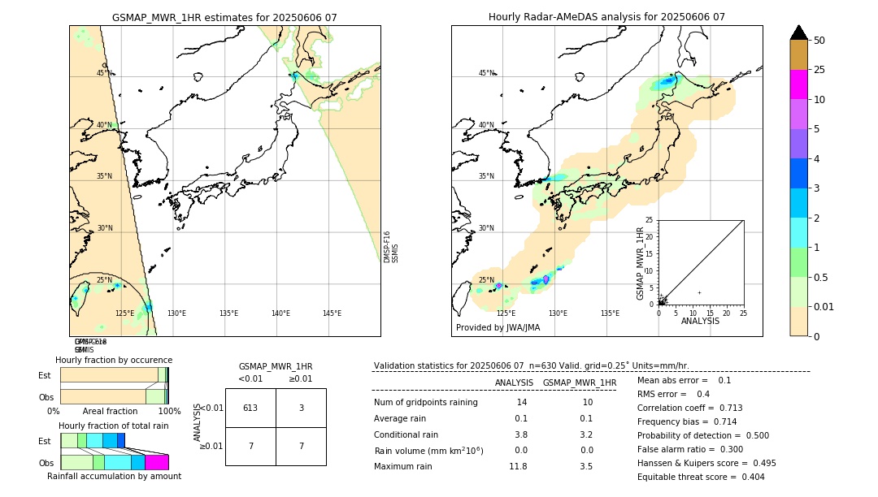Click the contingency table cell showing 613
coord(250,408)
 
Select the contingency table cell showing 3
coord(301,408)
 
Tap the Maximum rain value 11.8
coord(518,466)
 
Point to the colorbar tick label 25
coord(819,70)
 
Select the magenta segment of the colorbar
coord(799,84)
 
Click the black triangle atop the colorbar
coord(799,32)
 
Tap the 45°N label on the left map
coord(104,73)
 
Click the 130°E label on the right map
coord(558,313)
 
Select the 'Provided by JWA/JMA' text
coord(498,327)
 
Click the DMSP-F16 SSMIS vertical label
coord(390,247)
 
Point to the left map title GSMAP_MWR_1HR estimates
coord(224,17)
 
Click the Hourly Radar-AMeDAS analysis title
coord(606,17)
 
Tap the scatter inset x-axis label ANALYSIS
coord(700,321)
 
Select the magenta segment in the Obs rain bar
coord(156,462)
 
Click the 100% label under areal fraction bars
coord(168,412)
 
